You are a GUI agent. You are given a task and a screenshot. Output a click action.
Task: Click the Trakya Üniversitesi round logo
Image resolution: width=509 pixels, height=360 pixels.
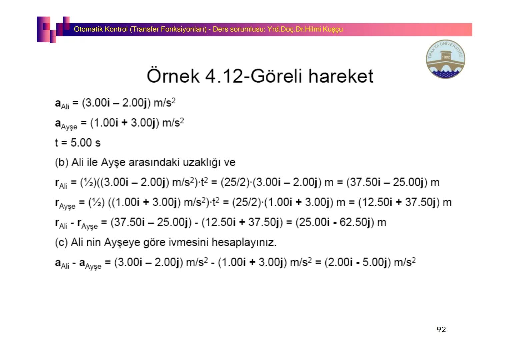(445, 59)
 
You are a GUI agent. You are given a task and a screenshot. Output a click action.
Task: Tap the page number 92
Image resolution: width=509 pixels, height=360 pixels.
(441, 330)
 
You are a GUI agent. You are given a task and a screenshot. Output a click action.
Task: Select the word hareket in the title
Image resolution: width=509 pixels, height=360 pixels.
(341, 76)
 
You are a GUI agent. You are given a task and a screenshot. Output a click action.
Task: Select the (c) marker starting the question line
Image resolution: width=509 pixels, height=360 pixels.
(61, 243)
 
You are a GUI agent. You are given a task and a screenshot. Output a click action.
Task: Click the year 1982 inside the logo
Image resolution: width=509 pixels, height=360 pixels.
(446, 57)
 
